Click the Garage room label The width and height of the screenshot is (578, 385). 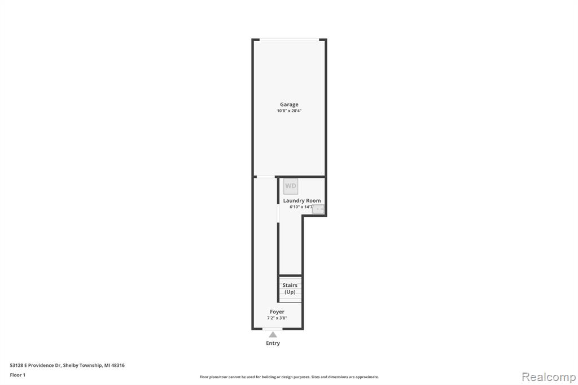pyautogui.click(x=289, y=105)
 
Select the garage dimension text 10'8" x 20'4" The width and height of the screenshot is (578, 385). pyautogui.click(x=290, y=111)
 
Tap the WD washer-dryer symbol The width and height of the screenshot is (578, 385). pyautogui.click(x=291, y=186)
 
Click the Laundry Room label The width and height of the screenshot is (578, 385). pyautogui.click(x=302, y=200)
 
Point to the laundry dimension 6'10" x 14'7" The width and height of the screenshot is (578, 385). pyautogui.click(x=302, y=207)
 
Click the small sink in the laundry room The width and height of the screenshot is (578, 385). pyautogui.click(x=318, y=209)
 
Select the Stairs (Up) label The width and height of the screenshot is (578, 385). pyautogui.click(x=290, y=288)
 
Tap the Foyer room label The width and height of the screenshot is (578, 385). pyautogui.click(x=277, y=312)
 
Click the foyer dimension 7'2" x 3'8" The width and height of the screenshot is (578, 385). pyautogui.click(x=277, y=318)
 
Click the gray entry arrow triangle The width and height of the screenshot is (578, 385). pyautogui.click(x=273, y=335)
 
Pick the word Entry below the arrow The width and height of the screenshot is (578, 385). pyautogui.click(x=273, y=343)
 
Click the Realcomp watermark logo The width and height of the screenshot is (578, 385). pyautogui.click(x=549, y=377)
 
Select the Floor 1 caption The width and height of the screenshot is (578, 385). pyautogui.click(x=17, y=375)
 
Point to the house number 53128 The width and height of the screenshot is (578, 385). pyautogui.click(x=16, y=365)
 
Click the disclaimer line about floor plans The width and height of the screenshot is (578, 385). pyautogui.click(x=289, y=377)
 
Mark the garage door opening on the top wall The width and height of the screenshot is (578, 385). pyautogui.click(x=290, y=40)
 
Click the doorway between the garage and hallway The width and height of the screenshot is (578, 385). pyautogui.click(x=266, y=177)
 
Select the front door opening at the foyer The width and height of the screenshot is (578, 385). pyautogui.click(x=273, y=329)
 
